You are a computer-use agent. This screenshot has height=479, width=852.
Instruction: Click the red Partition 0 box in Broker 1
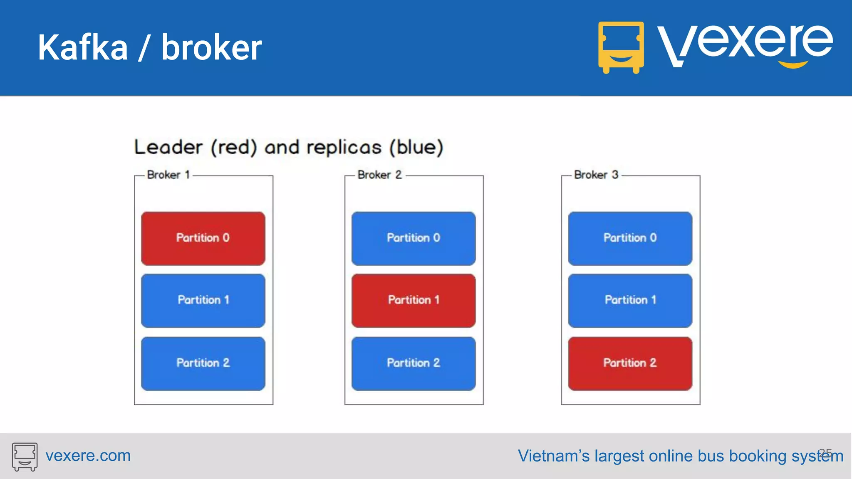coord(203,238)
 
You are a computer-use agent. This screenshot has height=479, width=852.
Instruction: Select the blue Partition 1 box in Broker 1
coord(203,300)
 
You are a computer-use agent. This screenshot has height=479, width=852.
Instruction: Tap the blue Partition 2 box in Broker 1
coord(203,363)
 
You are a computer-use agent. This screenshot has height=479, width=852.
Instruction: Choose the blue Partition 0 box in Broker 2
coord(414,238)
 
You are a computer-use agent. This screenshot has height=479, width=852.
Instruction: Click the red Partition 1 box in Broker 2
coord(414,300)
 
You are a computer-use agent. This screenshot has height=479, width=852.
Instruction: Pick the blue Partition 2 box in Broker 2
coord(414,363)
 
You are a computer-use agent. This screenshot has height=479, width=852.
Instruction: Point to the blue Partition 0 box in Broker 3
coord(630,238)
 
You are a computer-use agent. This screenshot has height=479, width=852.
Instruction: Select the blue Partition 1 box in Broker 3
coord(630,300)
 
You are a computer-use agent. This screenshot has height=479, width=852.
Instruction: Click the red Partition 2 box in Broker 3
coord(630,363)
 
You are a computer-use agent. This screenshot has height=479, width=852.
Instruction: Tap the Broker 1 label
coord(168,175)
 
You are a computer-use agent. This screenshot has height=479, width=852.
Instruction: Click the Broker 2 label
coord(379,175)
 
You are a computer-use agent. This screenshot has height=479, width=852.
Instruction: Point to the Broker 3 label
coord(596,175)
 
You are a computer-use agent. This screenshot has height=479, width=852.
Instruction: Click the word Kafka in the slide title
coord(83,48)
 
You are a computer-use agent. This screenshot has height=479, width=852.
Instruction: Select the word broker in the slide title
coord(211,48)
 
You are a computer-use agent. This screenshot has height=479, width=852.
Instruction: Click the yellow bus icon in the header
coord(621,47)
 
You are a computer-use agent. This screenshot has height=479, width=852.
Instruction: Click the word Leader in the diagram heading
coord(168,147)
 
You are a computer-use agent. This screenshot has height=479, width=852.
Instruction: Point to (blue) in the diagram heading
coord(416,147)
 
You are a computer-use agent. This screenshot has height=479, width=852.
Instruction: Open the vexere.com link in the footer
coord(88,456)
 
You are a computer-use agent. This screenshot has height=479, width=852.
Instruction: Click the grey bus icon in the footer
coord(25,456)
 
